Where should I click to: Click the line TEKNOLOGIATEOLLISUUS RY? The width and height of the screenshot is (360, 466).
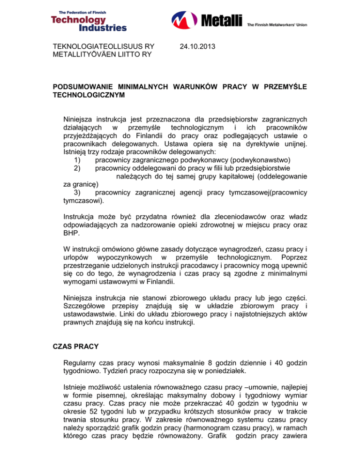point(104,47)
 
